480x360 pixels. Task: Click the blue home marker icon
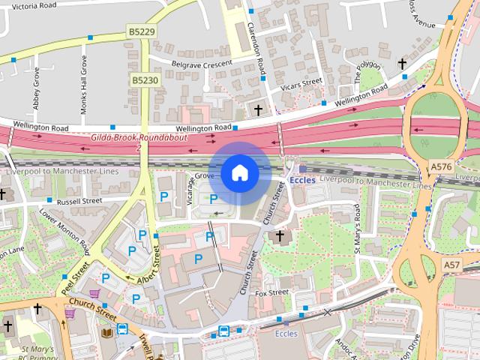(239, 173)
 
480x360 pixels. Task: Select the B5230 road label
(145, 79)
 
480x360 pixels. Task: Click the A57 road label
(451, 265)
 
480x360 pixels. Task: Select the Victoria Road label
(28, 4)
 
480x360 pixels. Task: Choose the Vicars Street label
(301, 84)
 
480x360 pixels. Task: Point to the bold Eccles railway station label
(302, 180)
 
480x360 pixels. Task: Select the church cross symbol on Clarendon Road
(259, 110)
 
